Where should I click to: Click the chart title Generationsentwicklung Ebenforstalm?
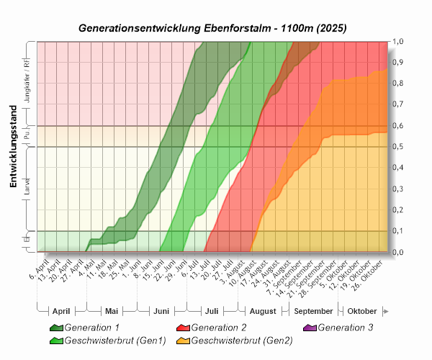212,29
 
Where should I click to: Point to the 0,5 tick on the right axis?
397,147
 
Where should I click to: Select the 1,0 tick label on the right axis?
397,42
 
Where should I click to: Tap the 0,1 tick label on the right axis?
397,231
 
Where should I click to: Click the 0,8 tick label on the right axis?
397,84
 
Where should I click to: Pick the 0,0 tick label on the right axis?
397,252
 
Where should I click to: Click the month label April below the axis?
61,311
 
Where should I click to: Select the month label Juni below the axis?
161,311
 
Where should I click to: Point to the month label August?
263,311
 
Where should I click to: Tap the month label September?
314,311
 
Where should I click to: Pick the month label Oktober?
361,311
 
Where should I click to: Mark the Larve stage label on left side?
27,189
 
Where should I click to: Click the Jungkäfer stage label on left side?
27,84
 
